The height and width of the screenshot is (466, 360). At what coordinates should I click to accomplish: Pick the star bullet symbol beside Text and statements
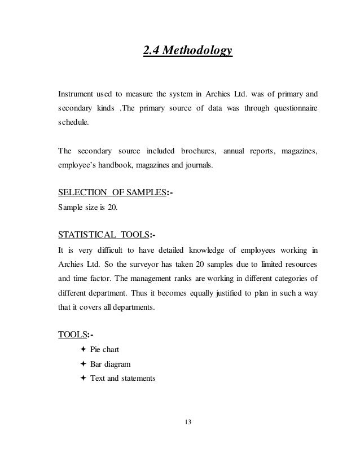pos(84,378)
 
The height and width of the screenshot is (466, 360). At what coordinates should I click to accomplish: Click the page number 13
pos(187,421)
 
